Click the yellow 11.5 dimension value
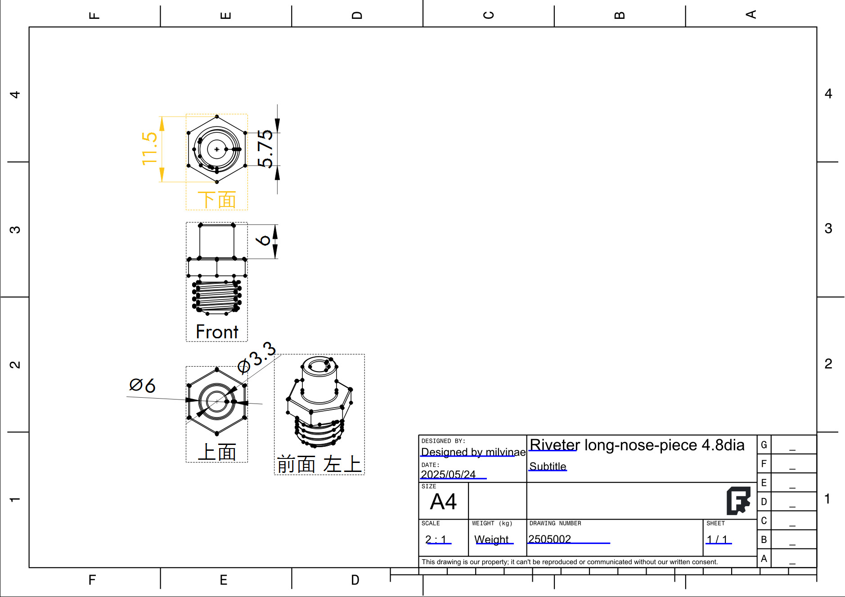coord(149,148)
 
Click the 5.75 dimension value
coord(265,148)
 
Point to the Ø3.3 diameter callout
coord(256,358)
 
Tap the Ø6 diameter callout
coord(142,386)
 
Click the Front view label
coord(217,332)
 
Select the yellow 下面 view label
coord(217,200)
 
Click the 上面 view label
coord(217,452)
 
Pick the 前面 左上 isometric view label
coord(319,464)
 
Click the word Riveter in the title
coord(554,445)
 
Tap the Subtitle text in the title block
coord(548,467)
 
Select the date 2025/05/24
coord(448,475)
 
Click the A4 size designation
coord(443,502)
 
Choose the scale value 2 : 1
coord(436,539)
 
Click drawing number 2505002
coord(549,539)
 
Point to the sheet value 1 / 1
coord(717,539)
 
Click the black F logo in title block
coord(738,501)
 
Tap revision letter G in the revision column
coord(764,445)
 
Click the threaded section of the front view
coord(217,296)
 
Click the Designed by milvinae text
coord(473,452)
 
